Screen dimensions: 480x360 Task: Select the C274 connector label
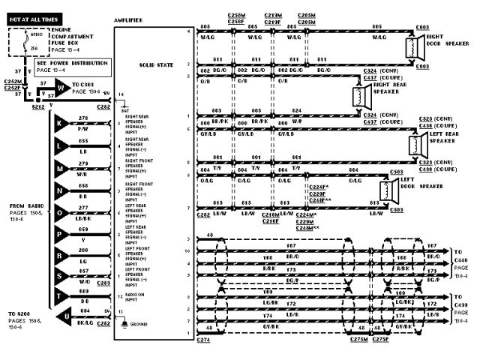[x=203, y=340]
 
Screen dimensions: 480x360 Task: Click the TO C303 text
[x=86, y=82]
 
